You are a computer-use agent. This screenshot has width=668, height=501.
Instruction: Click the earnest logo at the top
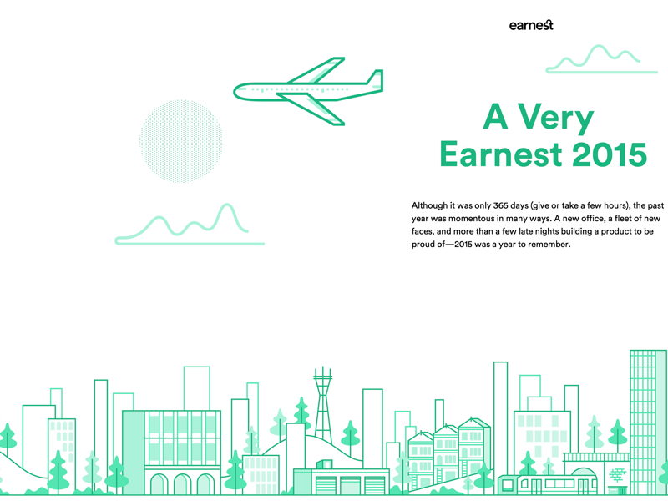click(531, 25)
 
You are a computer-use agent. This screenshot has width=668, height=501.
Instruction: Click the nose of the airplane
click(236, 92)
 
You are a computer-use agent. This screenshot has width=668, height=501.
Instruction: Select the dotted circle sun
click(181, 141)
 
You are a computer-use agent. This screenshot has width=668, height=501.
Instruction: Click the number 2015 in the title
click(610, 154)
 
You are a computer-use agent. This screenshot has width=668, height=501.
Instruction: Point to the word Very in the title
click(556, 118)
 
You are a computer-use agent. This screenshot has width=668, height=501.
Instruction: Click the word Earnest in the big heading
click(500, 154)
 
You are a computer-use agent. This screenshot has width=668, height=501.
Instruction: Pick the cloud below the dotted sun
click(190, 225)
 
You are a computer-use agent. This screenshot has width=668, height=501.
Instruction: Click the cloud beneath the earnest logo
click(602, 58)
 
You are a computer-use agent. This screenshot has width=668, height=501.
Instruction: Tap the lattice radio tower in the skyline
click(323, 405)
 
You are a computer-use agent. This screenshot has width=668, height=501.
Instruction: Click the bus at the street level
click(548, 484)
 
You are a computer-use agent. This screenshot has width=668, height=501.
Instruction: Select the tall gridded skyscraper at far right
click(649, 423)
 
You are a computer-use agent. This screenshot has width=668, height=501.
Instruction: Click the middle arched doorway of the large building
click(183, 484)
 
